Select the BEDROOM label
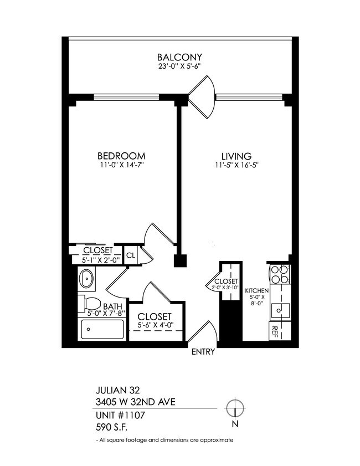pos(121,156)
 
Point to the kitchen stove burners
pos(280,275)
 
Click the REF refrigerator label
pos(275,332)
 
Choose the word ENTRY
pos(203,352)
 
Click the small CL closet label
pos(131,255)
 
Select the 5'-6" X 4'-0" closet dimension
pos(155,326)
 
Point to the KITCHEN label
pos(257,291)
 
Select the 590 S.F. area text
pos(111,427)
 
